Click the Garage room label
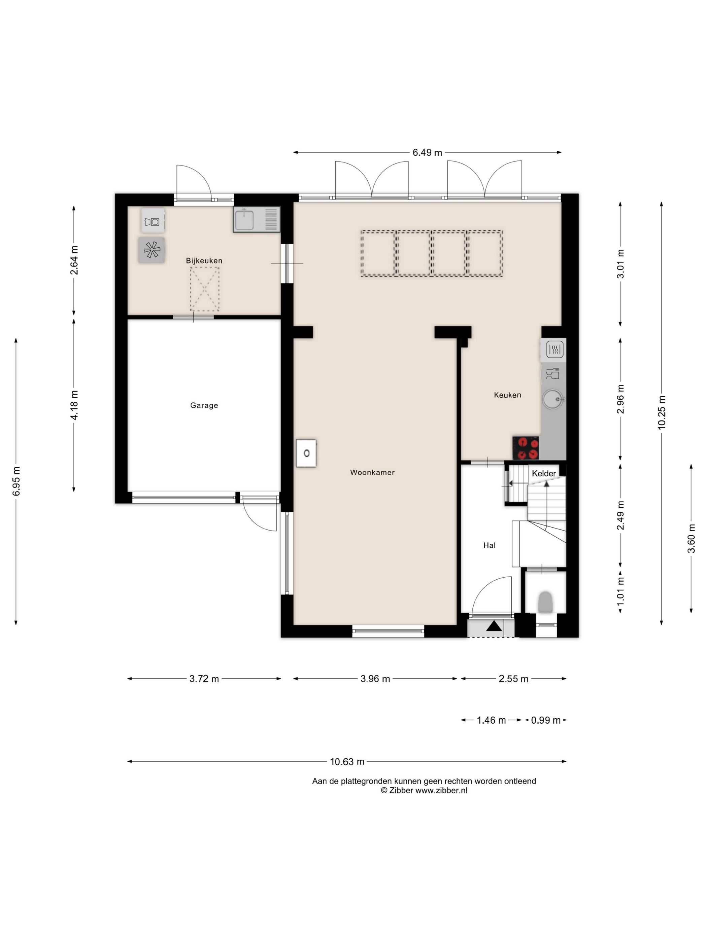click(x=204, y=405)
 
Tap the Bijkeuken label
click(x=204, y=261)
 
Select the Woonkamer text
click(x=372, y=472)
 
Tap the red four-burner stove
click(x=526, y=448)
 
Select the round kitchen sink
click(x=553, y=399)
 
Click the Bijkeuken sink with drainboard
click(x=257, y=219)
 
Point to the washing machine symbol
click(x=153, y=221)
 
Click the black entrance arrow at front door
click(x=494, y=626)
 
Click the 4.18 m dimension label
click(x=74, y=405)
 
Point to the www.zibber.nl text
click(x=441, y=790)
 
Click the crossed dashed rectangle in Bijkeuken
click(x=205, y=289)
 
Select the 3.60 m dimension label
click(x=691, y=539)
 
